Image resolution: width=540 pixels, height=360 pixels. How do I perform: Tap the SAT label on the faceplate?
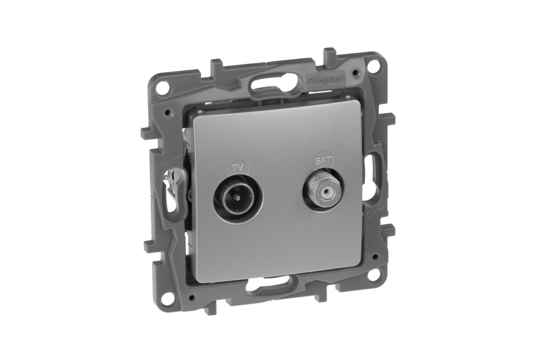click(321, 160)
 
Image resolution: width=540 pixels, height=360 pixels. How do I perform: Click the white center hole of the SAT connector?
click(320, 193)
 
